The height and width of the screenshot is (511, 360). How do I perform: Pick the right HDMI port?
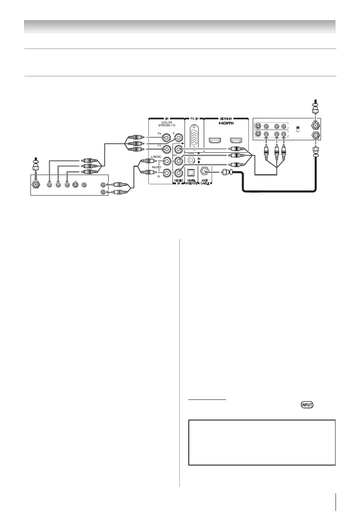[x=236, y=141]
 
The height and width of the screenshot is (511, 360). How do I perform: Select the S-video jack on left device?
[x=75, y=185]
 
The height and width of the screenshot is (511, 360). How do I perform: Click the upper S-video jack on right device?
[x=257, y=127]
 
